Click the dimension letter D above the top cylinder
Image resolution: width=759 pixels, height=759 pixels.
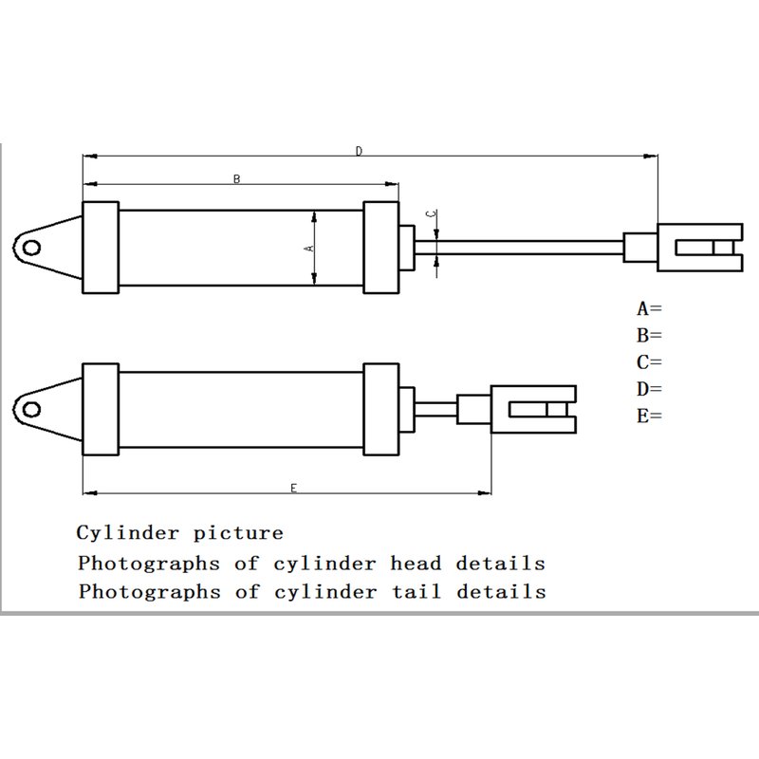359,151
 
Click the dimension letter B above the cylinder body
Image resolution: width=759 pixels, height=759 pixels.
236,179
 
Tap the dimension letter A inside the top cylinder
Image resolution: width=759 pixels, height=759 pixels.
309,248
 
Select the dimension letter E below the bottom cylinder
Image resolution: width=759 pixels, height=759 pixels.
293,488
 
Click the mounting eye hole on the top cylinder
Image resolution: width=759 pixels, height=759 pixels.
31,248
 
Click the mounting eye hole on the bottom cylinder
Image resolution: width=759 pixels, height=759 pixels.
31,410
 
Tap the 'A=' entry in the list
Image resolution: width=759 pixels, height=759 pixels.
649,308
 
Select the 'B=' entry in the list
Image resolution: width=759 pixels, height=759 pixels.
649,335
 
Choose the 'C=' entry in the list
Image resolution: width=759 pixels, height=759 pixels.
649,362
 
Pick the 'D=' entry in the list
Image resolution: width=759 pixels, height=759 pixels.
649,389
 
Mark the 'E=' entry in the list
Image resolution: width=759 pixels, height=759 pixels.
649,416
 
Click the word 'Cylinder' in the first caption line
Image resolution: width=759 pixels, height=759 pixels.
128,533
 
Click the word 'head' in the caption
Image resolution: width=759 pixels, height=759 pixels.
417,563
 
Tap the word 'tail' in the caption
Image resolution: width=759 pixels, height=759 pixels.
417,591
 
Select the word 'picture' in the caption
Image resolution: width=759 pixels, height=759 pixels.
238,534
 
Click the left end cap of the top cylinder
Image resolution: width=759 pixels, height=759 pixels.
101,248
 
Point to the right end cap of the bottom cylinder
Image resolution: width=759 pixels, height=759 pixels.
381,410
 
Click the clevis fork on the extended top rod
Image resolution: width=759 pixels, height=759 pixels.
700,248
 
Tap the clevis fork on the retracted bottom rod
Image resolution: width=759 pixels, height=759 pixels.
533,410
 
